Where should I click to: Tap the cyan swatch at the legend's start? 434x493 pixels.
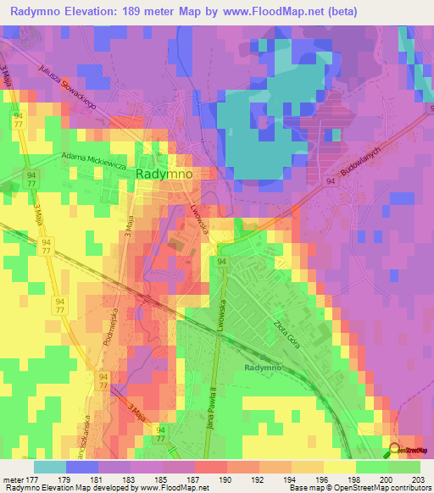49,467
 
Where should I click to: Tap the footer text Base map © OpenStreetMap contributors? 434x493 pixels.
359,488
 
